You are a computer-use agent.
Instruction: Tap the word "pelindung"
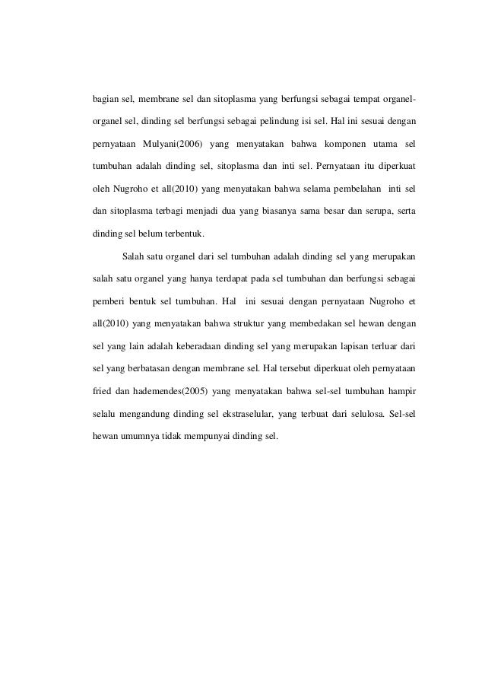261,122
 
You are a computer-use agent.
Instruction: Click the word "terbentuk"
181,230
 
